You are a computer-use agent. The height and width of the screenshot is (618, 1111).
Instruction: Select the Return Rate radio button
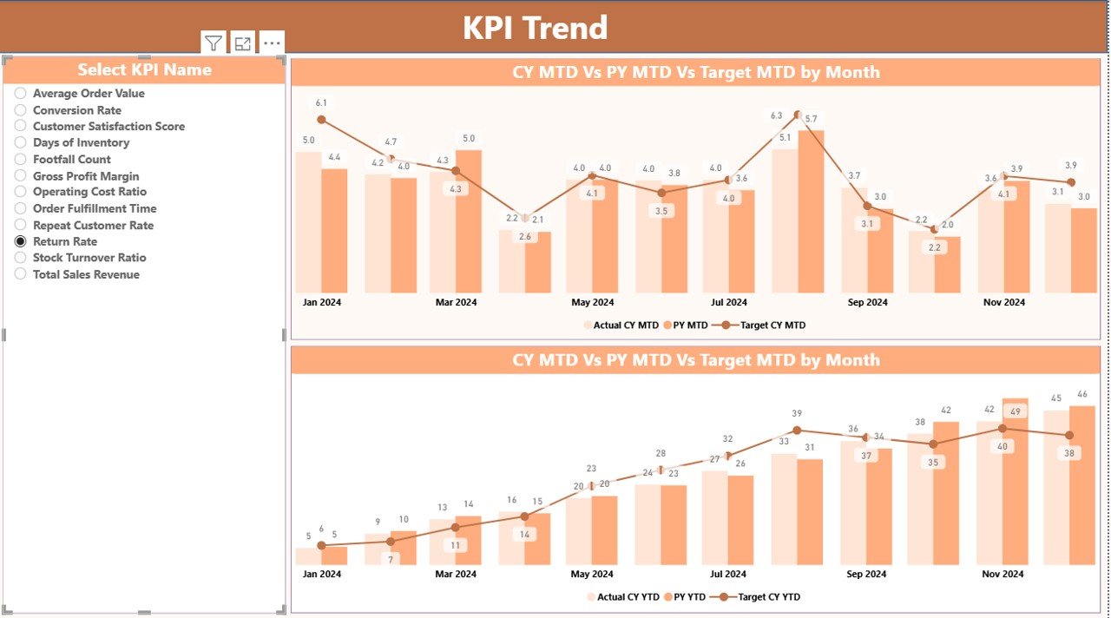(x=21, y=242)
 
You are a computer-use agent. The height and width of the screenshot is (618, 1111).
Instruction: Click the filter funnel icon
(x=214, y=43)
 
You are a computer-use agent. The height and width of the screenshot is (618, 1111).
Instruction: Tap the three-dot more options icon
(x=272, y=43)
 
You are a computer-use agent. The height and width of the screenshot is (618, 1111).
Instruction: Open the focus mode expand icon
(x=243, y=43)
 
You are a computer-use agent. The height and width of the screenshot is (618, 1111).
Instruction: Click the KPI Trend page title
(x=535, y=28)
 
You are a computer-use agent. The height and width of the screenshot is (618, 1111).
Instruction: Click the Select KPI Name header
(x=144, y=70)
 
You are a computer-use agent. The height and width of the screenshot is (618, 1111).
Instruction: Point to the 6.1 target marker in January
(x=321, y=120)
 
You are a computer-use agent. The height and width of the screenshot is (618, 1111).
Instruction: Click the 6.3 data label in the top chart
(x=777, y=115)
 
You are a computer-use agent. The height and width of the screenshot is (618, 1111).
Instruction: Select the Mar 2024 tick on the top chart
(x=456, y=303)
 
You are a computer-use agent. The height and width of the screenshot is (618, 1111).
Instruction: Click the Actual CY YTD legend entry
(x=621, y=597)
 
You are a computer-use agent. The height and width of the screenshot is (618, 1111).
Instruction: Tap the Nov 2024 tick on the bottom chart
(x=1003, y=574)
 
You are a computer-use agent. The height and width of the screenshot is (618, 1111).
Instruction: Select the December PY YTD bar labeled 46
(x=1081, y=486)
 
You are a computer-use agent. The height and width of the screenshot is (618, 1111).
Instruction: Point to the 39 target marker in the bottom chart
(x=797, y=430)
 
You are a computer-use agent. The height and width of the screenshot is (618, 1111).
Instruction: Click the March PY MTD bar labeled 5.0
(x=469, y=221)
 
